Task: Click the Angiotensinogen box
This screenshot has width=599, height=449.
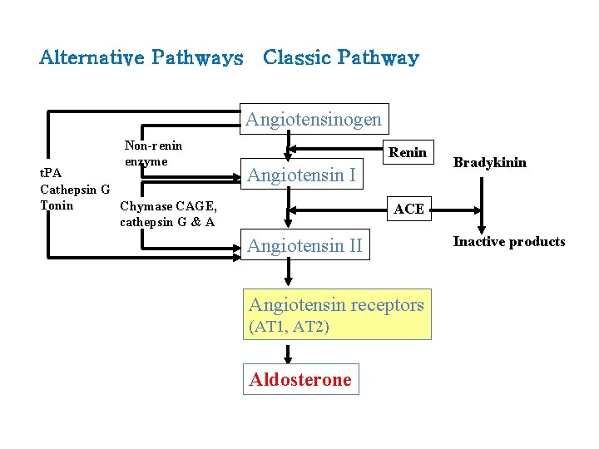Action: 314,119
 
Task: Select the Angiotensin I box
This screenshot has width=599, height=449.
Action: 301,175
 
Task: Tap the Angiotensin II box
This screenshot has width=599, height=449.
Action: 304,246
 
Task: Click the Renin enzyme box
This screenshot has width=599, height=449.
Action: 408,152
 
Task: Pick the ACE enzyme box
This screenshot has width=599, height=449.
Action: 408,209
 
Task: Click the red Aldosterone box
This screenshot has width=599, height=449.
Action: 300,380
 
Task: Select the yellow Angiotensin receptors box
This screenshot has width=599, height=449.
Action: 336,313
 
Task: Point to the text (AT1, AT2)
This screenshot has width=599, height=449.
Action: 289,327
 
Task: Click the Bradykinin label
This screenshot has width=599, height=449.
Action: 489,162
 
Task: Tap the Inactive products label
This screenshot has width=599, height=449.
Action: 508,242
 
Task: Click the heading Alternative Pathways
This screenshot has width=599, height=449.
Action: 141,58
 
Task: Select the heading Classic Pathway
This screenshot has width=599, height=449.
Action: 340,58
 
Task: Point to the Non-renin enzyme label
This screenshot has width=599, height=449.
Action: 153,153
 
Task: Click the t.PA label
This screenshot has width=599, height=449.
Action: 52,173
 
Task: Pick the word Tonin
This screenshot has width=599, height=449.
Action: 57,205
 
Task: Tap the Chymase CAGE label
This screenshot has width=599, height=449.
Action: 169,206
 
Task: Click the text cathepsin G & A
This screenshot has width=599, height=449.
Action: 167,222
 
